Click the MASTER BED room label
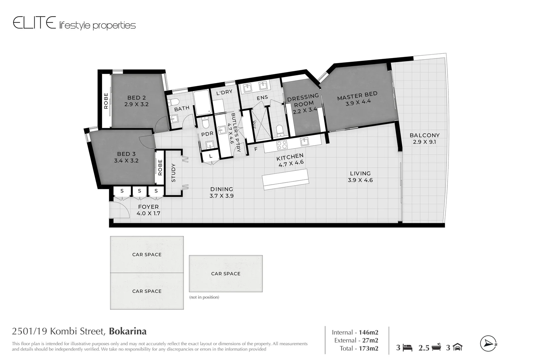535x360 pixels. tap(357, 96)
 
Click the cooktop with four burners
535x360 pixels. tap(282, 145)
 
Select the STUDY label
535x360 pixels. tap(173, 173)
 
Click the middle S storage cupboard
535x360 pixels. tap(139, 191)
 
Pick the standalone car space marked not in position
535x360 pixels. tap(226, 274)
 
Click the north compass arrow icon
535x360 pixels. tap(488, 344)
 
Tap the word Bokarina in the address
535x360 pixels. tap(128, 331)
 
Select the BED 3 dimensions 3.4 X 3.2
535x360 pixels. tap(126, 161)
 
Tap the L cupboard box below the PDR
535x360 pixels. tap(210, 156)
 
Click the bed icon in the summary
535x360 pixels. tap(408, 348)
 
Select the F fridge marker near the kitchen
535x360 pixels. tap(256, 149)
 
